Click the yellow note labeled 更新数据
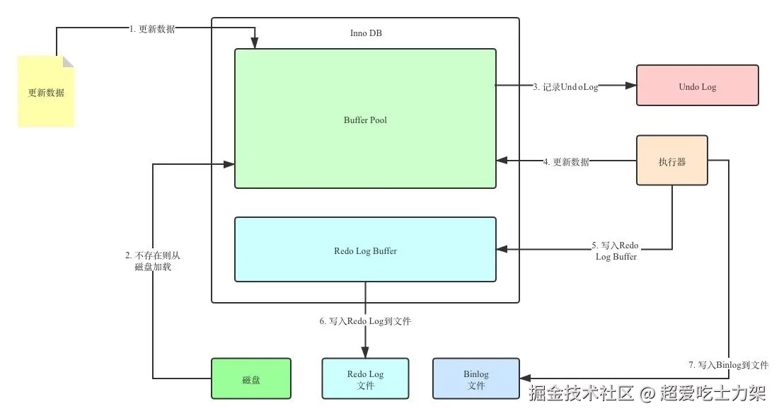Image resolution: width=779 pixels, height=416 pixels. pyautogui.click(x=46, y=92)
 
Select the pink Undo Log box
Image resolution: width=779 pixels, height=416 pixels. pyautogui.click(x=697, y=86)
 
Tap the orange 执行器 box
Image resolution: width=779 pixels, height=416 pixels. pyautogui.click(x=671, y=161)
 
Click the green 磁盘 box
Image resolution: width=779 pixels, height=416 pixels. pyautogui.click(x=251, y=379)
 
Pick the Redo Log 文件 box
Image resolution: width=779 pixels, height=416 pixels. pyautogui.click(x=365, y=379)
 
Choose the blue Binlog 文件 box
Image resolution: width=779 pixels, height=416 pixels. pyautogui.click(x=475, y=379)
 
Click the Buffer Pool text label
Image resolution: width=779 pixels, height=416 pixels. pyautogui.click(x=365, y=120)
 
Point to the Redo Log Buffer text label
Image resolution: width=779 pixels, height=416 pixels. pyautogui.click(x=365, y=250)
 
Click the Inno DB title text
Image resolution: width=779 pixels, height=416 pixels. pyautogui.click(x=366, y=33)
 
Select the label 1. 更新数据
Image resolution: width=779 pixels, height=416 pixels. pyautogui.click(x=152, y=28)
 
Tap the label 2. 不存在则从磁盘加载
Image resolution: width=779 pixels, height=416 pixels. pyautogui.click(x=154, y=260)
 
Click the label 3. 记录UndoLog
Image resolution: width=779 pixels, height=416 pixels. pyautogui.click(x=565, y=86)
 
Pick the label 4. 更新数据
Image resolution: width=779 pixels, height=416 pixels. pyautogui.click(x=566, y=161)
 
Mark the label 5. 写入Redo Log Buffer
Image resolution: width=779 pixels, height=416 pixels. pyautogui.click(x=616, y=251)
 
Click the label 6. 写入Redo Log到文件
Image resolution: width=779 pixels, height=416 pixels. pyautogui.click(x=365, y=320)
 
